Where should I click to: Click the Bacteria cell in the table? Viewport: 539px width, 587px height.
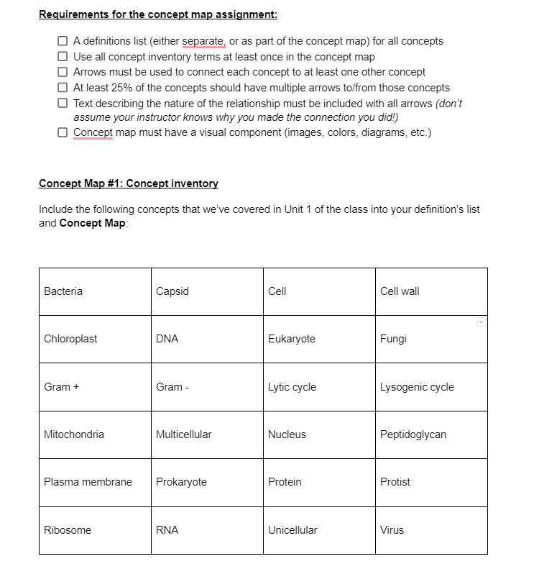95,291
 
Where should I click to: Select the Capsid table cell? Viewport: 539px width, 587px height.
207,291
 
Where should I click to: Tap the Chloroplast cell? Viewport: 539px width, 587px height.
95,339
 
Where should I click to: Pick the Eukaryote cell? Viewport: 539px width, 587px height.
319,339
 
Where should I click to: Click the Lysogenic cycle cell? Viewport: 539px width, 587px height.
431,387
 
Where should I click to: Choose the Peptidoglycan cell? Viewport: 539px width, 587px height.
431,434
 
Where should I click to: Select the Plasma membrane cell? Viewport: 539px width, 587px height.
95,482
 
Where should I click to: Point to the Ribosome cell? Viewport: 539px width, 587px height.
95,530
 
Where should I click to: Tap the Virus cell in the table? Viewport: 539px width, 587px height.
431,530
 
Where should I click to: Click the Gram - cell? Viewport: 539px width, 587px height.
207,387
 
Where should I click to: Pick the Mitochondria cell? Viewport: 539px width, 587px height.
95,434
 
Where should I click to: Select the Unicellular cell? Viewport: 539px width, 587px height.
319,530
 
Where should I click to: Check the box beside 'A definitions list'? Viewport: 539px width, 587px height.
63,41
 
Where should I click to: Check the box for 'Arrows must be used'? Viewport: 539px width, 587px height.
63,72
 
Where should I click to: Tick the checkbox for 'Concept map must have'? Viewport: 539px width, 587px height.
63,132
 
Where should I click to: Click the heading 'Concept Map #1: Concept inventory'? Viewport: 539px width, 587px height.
128,183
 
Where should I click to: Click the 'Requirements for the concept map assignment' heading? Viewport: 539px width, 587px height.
157,14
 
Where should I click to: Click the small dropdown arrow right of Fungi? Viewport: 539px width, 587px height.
481,322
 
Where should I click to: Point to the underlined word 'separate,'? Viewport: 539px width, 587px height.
204,41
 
